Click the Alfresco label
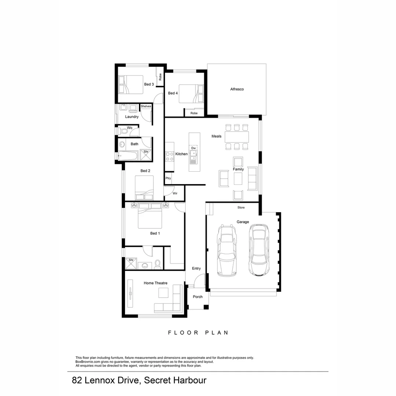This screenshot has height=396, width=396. point(237,89)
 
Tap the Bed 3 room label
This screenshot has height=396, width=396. point(149,84)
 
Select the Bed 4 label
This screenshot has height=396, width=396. point(173,93)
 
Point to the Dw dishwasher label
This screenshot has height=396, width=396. point(194,148)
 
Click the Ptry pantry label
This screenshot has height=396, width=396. point(168,179)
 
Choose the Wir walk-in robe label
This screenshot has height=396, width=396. point(175,193)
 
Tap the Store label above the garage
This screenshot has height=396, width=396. point(241,208)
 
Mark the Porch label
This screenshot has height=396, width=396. point(198,297)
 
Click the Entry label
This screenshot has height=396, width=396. point(196,268)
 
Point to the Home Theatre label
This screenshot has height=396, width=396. point(155,283)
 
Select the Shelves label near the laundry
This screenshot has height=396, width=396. point(146,106)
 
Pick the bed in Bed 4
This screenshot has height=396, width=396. point(191,93)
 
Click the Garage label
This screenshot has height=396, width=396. point(243,222)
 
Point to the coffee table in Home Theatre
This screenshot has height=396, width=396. point(163,293)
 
